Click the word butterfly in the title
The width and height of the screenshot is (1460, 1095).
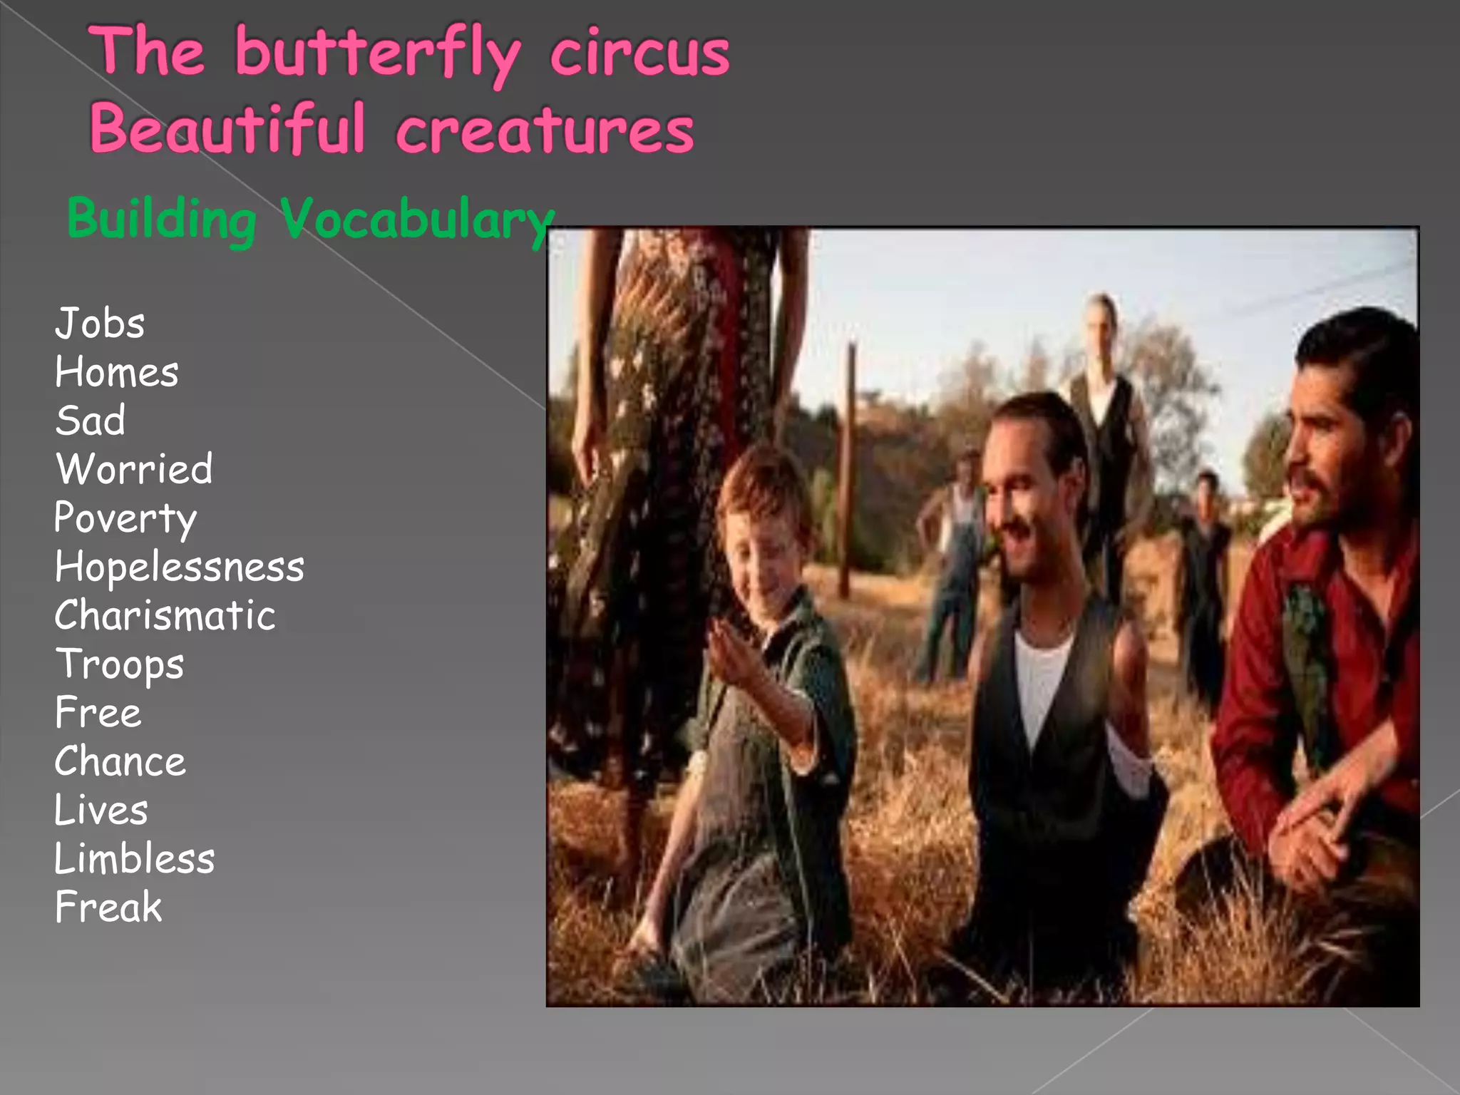coord(378,53)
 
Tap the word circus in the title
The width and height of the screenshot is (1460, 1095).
coord(639,53)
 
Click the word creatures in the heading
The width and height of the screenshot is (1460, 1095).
coord(545,130)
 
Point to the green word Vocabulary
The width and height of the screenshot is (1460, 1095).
coord(417,219)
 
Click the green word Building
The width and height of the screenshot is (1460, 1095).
coord(162,219)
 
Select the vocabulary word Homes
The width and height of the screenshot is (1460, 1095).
coord(117,372)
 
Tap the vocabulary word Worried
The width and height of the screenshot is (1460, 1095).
coord(134,469)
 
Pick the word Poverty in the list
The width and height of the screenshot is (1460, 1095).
coord(125,518)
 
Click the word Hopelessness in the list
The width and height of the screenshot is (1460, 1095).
coord(180,567)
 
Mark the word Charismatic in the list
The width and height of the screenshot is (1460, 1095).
coord(165,615)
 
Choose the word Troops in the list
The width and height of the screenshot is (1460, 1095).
coord(120,664)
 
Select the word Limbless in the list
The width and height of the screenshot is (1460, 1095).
coord(135,858)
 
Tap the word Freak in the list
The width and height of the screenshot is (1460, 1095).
coord(108,907)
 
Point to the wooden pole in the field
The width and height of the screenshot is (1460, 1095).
coord(848,471)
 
